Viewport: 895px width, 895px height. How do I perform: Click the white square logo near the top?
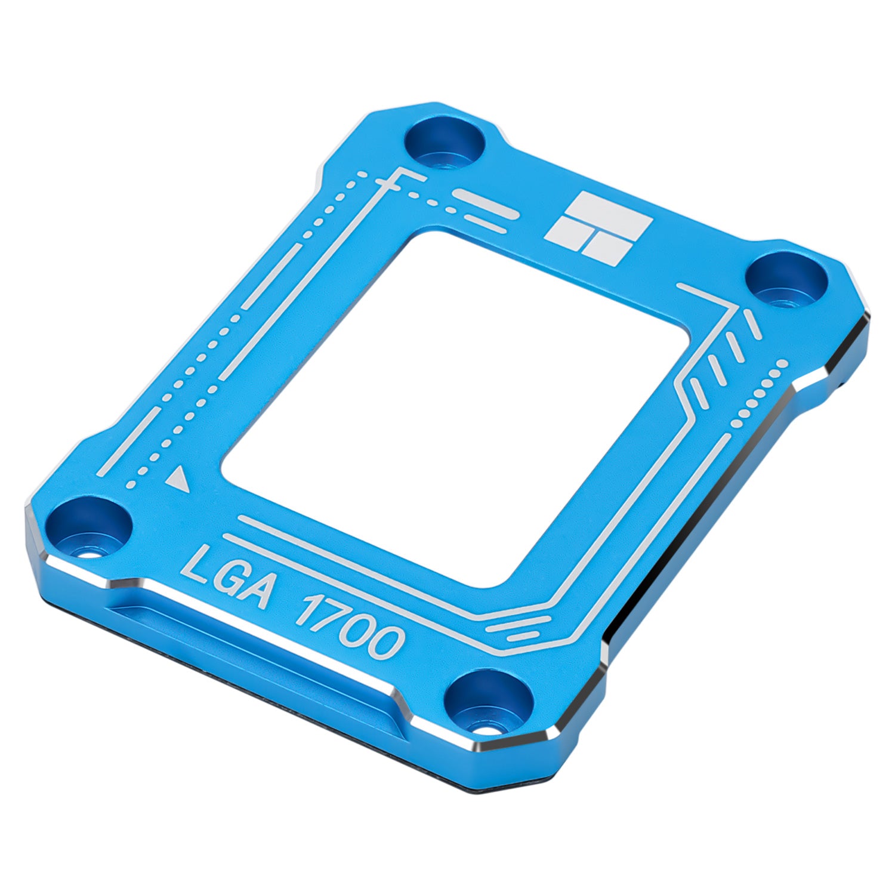(x=599, y=228)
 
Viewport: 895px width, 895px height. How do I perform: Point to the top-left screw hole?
(x=445, y=144)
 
